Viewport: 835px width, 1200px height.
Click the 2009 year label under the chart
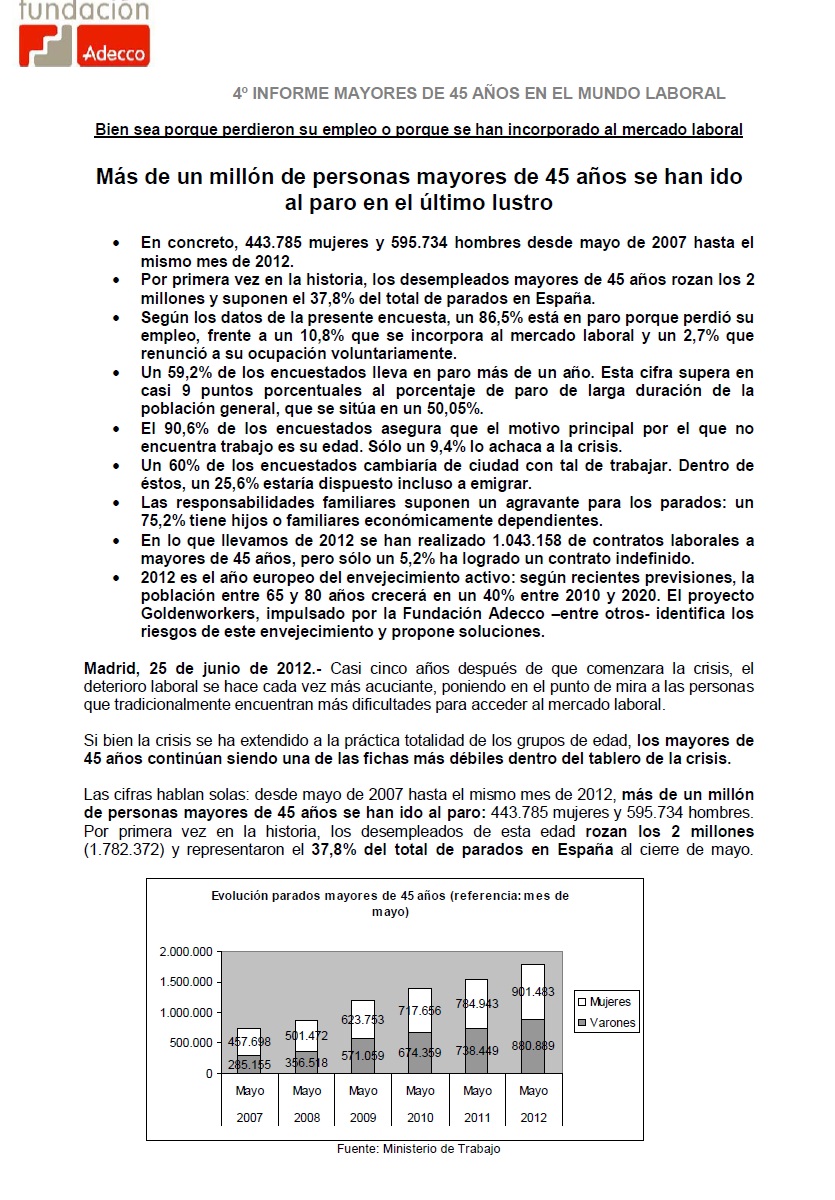(363, 1118)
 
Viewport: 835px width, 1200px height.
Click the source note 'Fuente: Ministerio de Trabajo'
(418, 1149)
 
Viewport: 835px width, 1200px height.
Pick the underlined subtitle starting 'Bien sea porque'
(419, 130)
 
